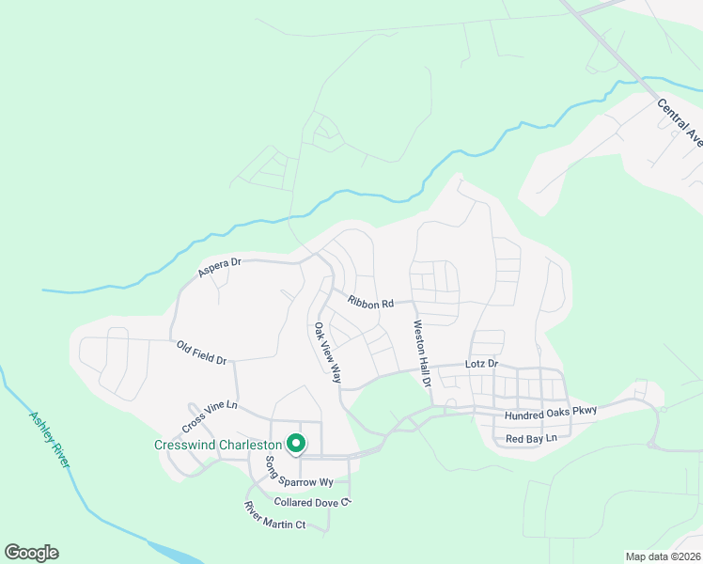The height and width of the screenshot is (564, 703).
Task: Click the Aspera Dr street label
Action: (219, 267)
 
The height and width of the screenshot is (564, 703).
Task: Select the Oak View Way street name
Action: (327, 354)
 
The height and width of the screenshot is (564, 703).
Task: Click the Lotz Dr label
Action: (480, 363)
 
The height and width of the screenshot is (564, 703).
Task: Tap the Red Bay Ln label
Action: (531, 439)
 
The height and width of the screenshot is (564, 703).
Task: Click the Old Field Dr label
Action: (201, 352)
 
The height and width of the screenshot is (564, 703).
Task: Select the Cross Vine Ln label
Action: (210, 411)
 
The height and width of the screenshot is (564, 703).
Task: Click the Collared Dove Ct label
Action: (312, 502)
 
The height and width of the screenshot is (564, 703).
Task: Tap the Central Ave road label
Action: (680, 123)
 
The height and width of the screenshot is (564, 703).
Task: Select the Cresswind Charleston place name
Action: (218, 445)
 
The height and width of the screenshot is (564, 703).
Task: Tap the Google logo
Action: (31, 553)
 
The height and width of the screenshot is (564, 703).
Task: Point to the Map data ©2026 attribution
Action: (662, 556)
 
